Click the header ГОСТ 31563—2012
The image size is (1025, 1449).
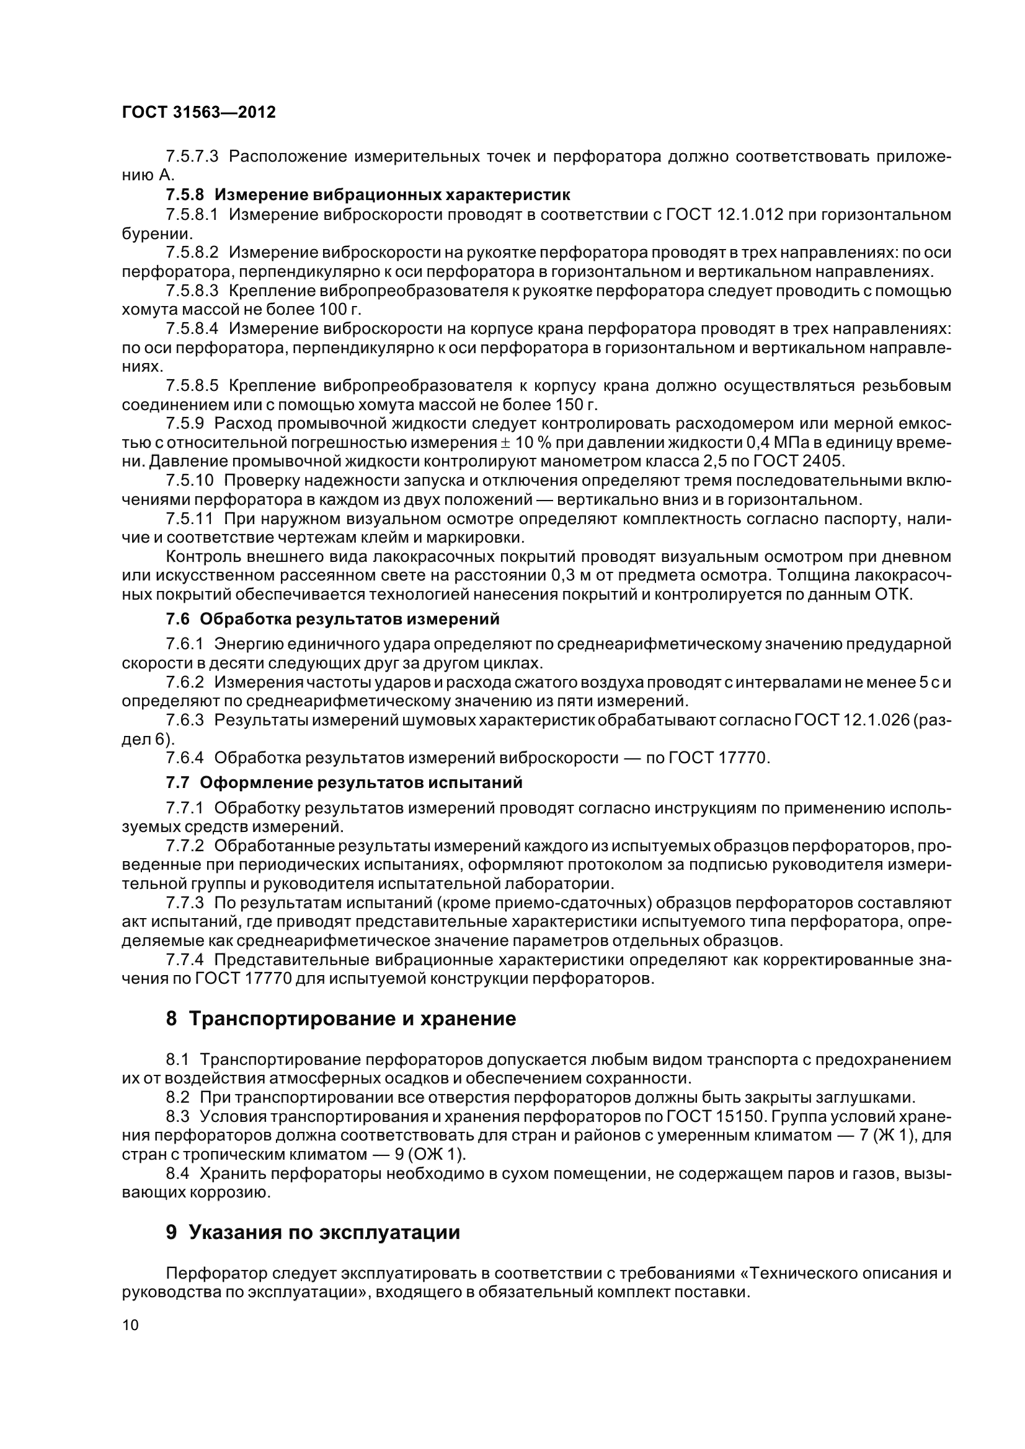[198, 113]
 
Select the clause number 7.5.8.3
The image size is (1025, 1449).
[192, 291]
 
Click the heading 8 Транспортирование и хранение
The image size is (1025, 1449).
[341, 1018]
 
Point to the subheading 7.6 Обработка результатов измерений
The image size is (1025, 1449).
[332, 619]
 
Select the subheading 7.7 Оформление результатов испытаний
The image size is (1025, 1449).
[344, 783]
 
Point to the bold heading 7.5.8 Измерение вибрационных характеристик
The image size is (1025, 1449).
[368, 195]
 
